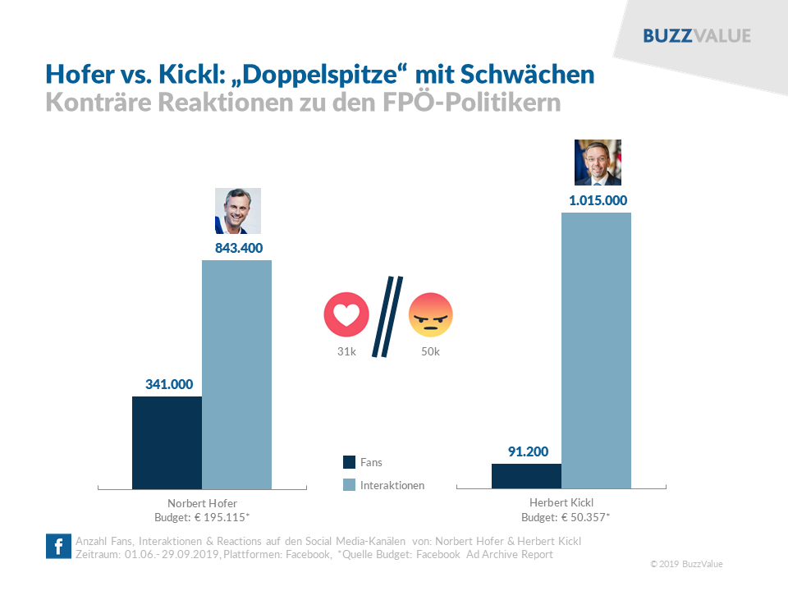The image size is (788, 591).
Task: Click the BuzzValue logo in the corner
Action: click(697, 36)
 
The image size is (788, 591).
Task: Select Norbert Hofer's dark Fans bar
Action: click(167, 442)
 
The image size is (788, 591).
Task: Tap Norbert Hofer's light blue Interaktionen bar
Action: click(236, 374)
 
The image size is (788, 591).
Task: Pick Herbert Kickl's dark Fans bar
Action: click(526, 476)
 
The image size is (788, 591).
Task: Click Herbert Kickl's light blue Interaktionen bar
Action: click(596, 350)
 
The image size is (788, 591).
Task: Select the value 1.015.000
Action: click(597, 199)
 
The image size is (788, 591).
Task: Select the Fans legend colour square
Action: click(349, 462)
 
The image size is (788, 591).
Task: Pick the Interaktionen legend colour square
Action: click(349, 485)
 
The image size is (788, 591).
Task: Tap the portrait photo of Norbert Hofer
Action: click(238, 211)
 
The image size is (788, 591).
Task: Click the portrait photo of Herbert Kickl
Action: click(598, 163)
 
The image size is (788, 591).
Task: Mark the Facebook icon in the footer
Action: click(58, 547)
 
